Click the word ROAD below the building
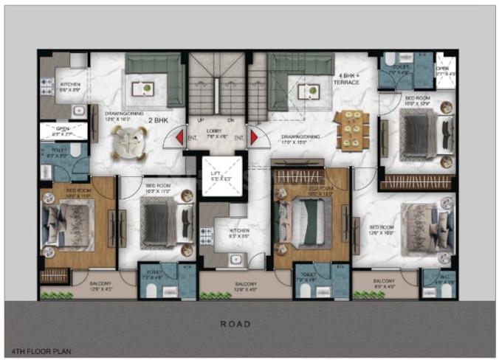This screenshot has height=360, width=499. click(x=235, y=323)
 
